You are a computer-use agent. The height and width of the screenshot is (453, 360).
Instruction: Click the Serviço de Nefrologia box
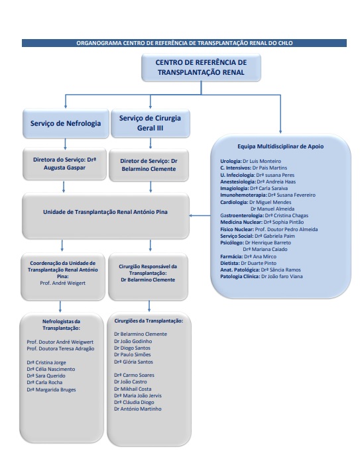tap(66, 123)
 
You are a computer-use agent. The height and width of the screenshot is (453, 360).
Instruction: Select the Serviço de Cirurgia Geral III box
tap(150, 123)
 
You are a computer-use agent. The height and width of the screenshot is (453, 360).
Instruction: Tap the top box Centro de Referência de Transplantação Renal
tap(202, 68)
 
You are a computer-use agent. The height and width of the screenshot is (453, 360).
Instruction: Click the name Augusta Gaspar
tap(64, 168)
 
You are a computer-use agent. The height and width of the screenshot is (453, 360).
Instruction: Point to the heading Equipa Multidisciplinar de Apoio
tap(280, 146)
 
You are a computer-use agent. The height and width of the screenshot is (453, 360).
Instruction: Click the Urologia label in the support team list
tap(231, 161)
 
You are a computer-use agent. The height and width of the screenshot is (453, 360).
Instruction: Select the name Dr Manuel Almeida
tap(272, 209)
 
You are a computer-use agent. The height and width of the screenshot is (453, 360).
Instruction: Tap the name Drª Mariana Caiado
tap(265, 249)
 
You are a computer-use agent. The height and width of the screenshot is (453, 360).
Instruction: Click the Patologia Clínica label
tap(240, 276)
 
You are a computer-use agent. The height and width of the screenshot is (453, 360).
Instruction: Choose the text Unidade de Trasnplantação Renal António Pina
tap(105, 212)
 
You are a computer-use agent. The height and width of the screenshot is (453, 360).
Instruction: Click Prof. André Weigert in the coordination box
tap(63, 283)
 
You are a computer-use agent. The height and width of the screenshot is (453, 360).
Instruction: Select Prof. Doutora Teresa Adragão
tap(60, 349)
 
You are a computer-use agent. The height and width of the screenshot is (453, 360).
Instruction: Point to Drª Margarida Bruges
tap(51, 389)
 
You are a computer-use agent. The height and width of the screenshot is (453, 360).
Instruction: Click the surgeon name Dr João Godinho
tap(133, 341)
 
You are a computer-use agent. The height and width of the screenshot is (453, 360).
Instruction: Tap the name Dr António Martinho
tap(138, 409)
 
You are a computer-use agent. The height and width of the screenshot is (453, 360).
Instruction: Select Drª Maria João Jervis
tap(138, 395)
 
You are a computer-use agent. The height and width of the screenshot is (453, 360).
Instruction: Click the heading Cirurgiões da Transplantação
tap(149, 321)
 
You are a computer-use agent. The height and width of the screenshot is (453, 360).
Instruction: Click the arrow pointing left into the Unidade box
tap(200, 215)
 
